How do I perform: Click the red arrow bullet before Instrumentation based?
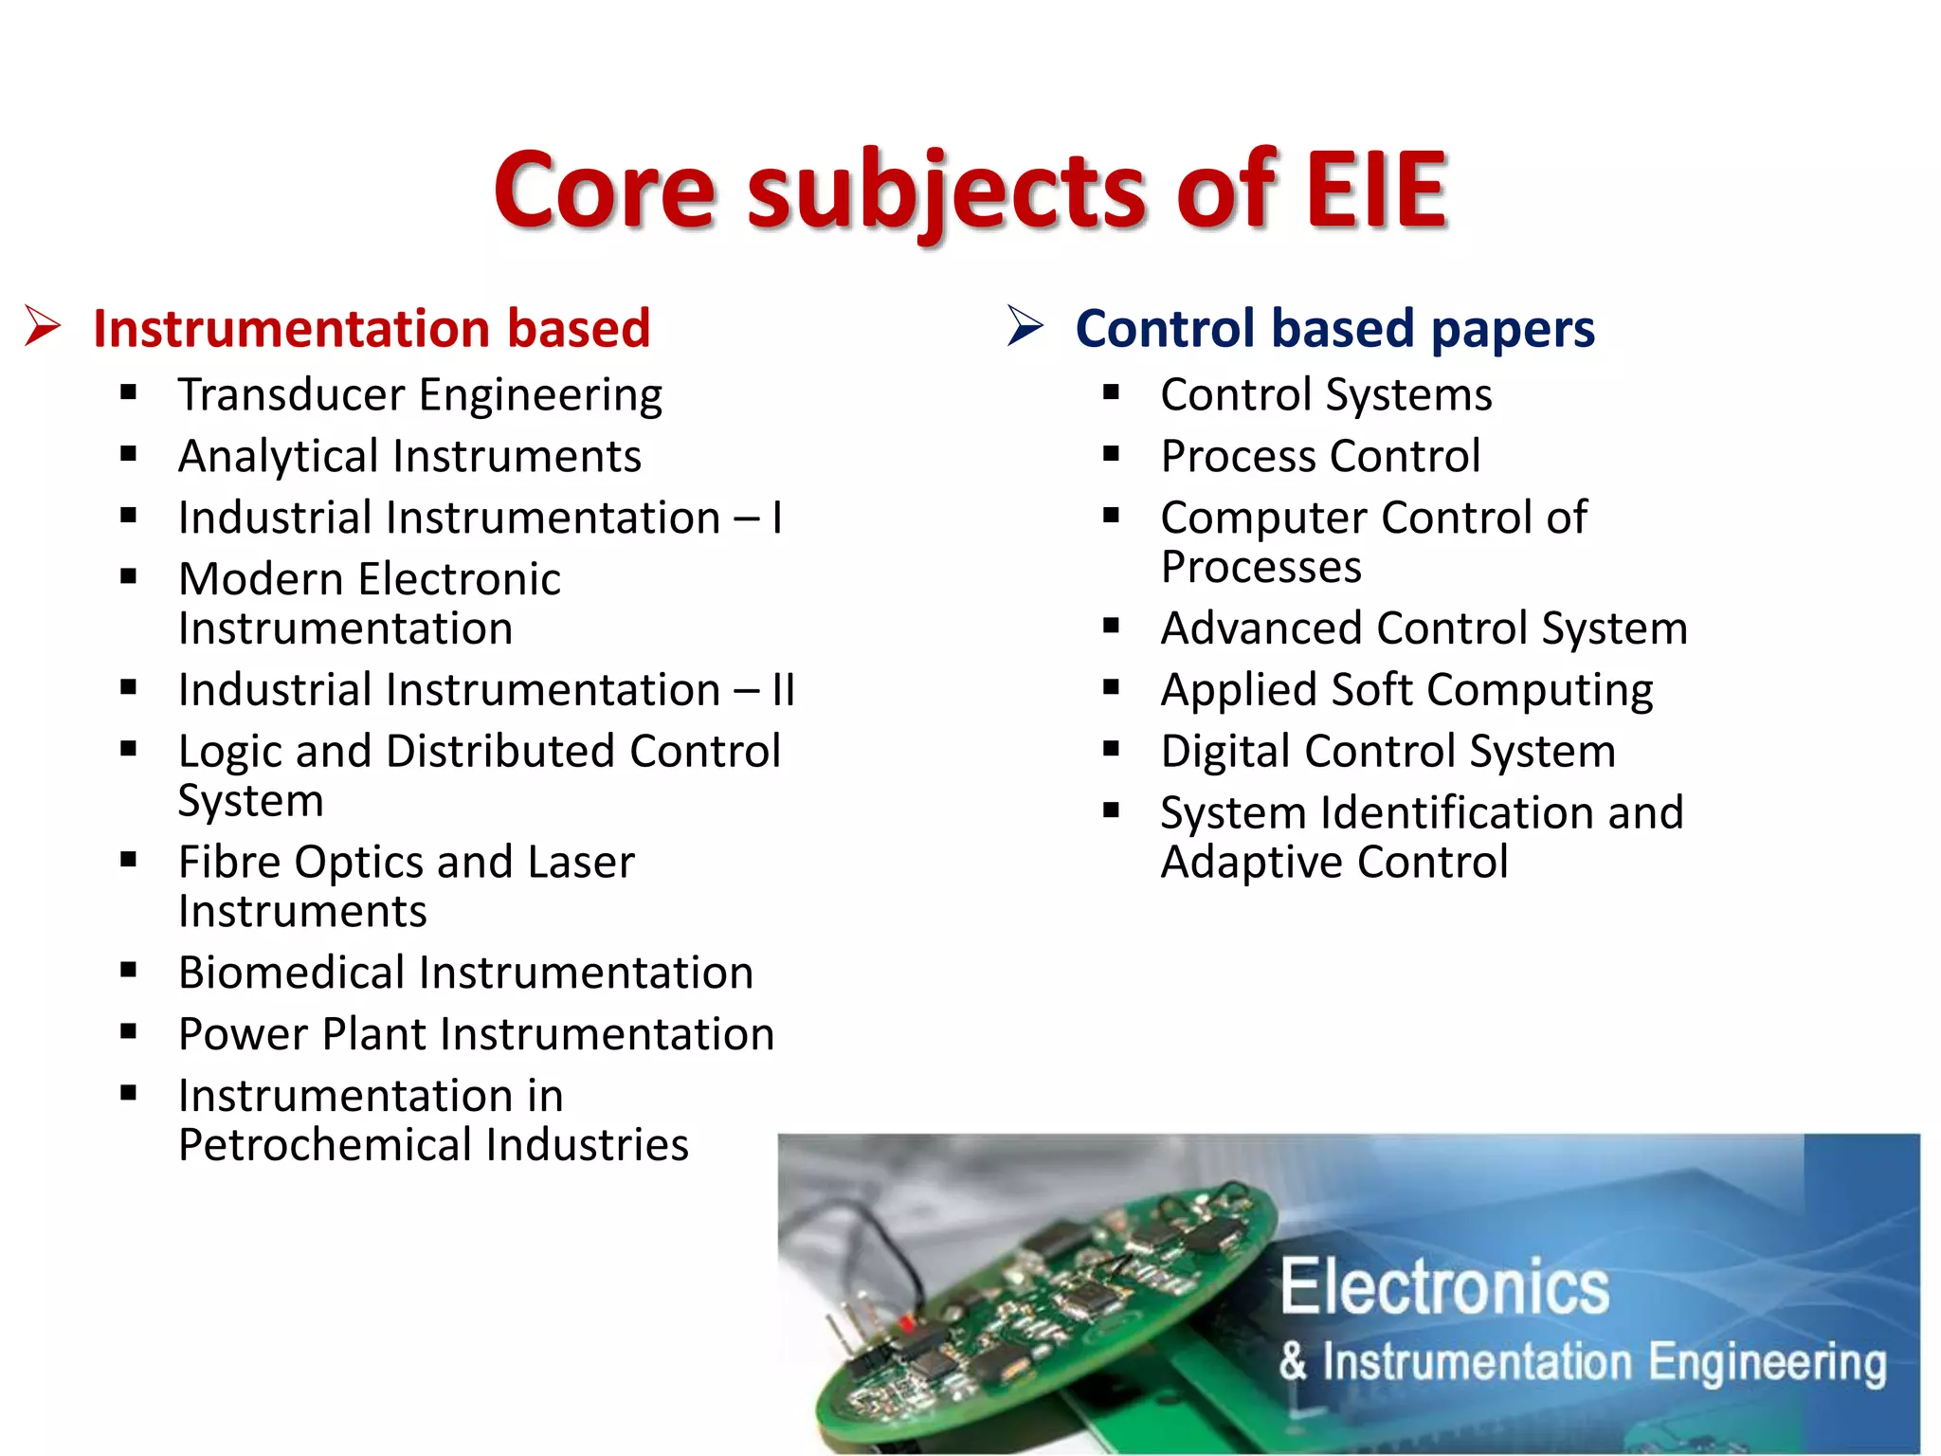pyautogui.click(x=43, y=326)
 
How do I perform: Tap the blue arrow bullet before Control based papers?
pyautogui.click(x=1025, y=326)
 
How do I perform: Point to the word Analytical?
pyautogui.click(x=279, y=457)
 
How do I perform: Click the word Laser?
pyautogui.click(x=580, y=863)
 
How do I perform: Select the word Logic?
pyautogui.click(x=230, y=753)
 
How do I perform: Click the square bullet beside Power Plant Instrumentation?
pyautogui.click(x=129, y=1031)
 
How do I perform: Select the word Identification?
pyautogui.click(x=1458, y=813)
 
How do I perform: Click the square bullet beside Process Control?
pyautogui.click(x=1112, y=454)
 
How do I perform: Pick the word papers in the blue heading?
pyautogui.click(x=1513, y=330)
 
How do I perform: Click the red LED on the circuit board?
pyautogui.click(x=907, y=1319)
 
